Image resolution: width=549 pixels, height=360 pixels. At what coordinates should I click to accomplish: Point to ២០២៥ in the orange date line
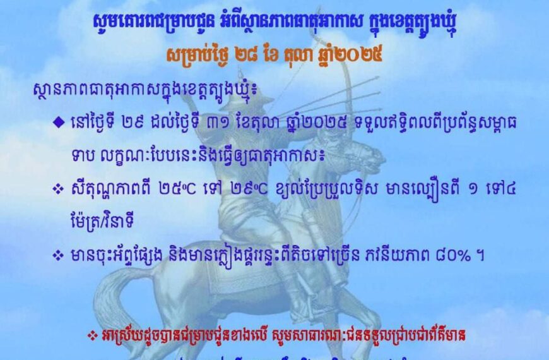click(x=362, y=54)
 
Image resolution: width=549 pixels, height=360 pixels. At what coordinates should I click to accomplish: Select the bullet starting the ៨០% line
click(x=59, y=256)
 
